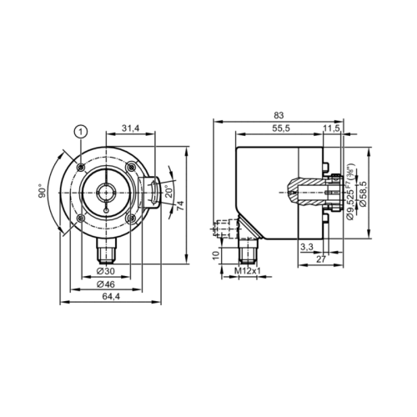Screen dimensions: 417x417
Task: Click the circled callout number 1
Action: pyautogui.click(x=81, y=132)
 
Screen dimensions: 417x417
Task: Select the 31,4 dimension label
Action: pyautogui.click(x=130, y=128)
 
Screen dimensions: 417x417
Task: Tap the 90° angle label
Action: pyautogui.click(x=43, y=191)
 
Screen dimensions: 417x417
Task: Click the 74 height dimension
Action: pyautogui.click(x=180, y=205)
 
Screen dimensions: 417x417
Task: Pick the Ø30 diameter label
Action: pyautogui.click(x=105, y=271)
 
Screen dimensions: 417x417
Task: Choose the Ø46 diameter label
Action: pyautogui.click(x=105, y=284)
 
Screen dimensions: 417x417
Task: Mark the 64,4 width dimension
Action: pyautogui.click(x=111, y=297)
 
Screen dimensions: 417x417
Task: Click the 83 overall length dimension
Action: pyautogui.click(x=279, y=115)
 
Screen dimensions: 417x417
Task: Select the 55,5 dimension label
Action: pyautogui.click(x=280, y=128)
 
